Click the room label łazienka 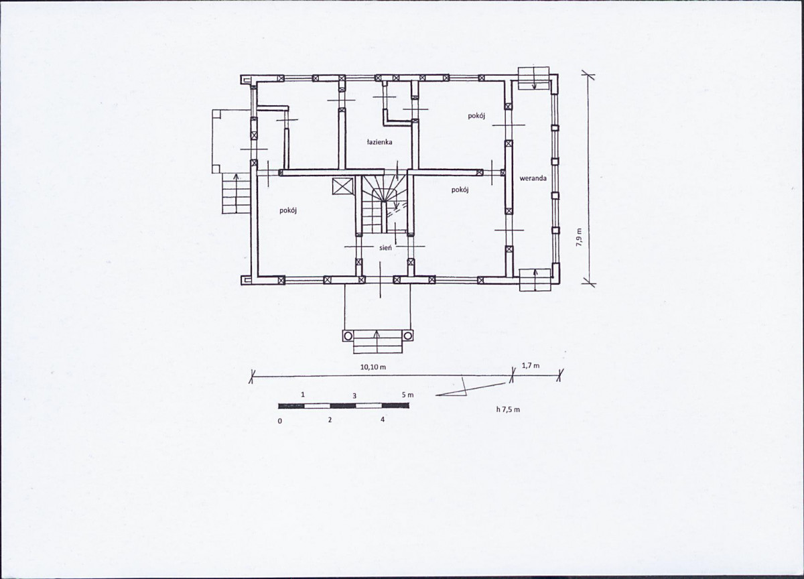[x=379, y=142]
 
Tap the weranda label [x=533, y=178]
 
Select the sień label [x=385, y=247]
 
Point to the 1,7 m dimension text [x=530, y=366]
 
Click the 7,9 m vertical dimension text [x=579, y=237]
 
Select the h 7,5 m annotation [x=508, y=409]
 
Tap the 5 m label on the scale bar [x=408, y=395]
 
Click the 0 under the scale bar [x=279, y=421]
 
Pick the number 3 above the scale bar [x=354, y=396]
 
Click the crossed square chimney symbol [x=341, y=186]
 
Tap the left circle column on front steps [x=348, y=336]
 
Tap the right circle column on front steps [x=408, y=336]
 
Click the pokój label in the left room [x=288, y=211]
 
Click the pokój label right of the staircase [x=460, y=190]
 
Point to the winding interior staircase [x=384, y=204]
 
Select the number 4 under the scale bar [x=383, y=420]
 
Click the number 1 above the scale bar [x=303, y=395]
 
